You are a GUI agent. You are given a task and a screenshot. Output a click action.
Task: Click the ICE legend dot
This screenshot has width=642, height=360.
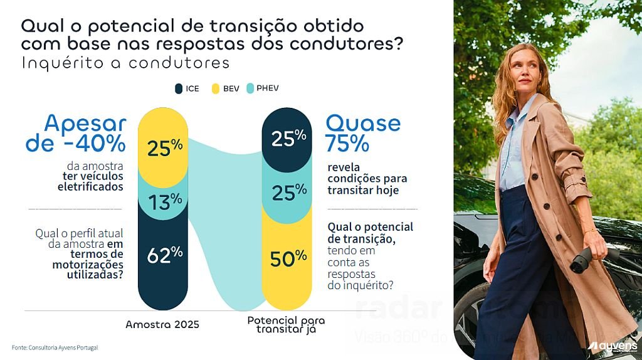pos(179,88)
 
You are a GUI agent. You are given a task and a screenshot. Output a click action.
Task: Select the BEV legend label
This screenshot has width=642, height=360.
pos(231,88)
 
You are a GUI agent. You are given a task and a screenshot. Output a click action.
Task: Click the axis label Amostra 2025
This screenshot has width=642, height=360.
pos(162,324)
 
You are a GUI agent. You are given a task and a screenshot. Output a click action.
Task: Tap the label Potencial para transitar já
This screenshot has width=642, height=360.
pos(286,324)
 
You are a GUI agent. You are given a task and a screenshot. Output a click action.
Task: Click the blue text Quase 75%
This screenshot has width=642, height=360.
pos(362,133)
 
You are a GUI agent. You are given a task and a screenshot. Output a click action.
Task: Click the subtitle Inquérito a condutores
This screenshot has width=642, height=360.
pos(125,64)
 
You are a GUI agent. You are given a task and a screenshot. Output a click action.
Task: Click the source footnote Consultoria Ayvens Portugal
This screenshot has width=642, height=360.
pos(55,347)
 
